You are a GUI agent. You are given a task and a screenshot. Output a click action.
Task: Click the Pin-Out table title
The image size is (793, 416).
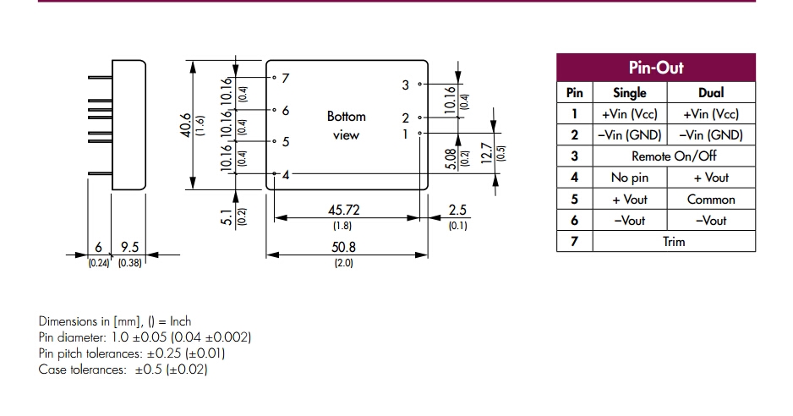click(x=656, y=68)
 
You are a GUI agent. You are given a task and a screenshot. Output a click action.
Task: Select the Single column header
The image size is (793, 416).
click(x=629, y=93)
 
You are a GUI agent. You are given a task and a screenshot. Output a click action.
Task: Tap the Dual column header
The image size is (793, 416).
click(x=710, y=93)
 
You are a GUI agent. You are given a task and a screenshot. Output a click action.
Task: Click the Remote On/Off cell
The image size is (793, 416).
click(x=674, y=156)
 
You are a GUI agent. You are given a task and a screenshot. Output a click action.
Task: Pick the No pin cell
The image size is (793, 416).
click(x=629, y=178)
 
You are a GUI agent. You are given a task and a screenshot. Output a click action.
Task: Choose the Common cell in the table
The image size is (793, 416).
click(x=710, y=200)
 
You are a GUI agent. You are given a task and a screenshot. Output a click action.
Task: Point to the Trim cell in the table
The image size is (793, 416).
click(x=674, y=242)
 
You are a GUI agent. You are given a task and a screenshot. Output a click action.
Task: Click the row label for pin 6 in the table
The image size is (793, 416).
click(x=574, y=221)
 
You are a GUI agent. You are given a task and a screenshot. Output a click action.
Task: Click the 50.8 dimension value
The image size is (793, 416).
click(x=342, y=248)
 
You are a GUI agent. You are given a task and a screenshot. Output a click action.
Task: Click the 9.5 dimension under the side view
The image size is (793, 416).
click(x=129, y=247)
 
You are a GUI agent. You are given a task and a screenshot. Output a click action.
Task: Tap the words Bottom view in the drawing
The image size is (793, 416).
click(x=346, y=125)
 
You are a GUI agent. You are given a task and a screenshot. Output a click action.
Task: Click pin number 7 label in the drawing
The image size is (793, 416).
click(x=286, y=78)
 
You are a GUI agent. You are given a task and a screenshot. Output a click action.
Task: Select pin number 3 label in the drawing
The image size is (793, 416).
click(x=406, y=85)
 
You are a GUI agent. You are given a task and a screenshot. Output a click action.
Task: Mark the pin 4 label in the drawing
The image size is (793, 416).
click(x=286, y=175)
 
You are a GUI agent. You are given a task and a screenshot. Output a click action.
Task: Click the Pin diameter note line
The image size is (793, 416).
click(x=145, y=337)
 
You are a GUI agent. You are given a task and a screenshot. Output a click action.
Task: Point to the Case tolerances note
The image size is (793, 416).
click(x=123, y=369)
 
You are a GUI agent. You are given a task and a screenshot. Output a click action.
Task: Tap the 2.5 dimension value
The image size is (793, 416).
click(x=457, y=210)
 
